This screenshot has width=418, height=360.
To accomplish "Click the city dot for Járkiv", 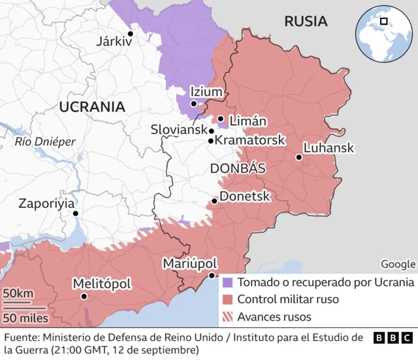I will pyautogui.click(x=130, y=33).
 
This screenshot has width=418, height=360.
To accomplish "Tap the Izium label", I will pyautogui.click(x=206, y=92).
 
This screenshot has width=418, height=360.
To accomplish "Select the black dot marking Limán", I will pyautogui.click(x=221, y=119).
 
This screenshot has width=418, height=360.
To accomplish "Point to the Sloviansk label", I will pyautogui.click(x=178, y=130).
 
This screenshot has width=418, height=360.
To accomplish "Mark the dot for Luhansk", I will pyautogui.click(x=298, y=157).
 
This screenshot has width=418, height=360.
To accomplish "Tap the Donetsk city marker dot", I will pyautogui.click(x=215, y=201).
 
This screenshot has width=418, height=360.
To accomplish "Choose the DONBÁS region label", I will pyautogui.click(x=238, y=169).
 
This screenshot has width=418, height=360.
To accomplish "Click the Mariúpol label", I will pyautogui.click(x=189, y=263).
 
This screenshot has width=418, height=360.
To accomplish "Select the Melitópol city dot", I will pyautogui.click(x=84, y=297).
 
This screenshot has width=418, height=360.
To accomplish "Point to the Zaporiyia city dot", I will pyautogui.click(x=76, y=213).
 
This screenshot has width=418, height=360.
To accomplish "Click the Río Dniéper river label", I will pyautogui.click(x=45, y=141).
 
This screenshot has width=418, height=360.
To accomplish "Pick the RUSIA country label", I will pyautogui.click(x=306, y=21).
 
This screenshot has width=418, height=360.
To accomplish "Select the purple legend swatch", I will pyautogui.click(x=227, y=283).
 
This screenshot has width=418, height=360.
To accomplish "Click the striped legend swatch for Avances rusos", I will pyautogui.click(x=227, y=317).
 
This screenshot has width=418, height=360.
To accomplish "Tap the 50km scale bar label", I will pyautogui.click(x=19, y=294).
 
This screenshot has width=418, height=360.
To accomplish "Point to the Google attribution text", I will pyautogui.click(x=398, y=264).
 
